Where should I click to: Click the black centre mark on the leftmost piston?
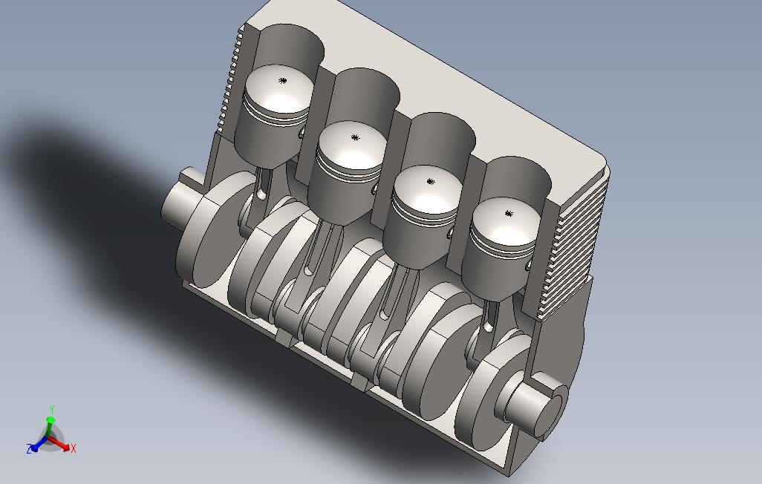click(282, 81)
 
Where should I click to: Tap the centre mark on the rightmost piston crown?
click(509, 213)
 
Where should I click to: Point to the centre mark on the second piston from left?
click(355, 137)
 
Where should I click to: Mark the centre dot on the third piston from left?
click(430, 182)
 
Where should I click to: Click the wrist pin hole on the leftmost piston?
click(303, 133)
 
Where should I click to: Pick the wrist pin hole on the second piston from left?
click(374, 189)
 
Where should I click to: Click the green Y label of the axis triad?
click(51, 409)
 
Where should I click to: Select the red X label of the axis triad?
click(74, 448)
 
